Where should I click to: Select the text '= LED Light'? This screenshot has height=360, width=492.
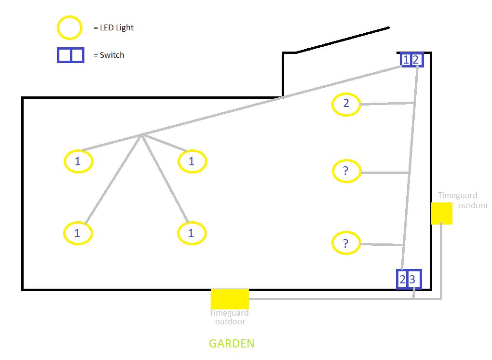[x=113, y=27]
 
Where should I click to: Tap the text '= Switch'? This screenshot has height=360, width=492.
[x=109, y=55]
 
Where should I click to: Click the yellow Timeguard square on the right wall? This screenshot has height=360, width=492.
[x=441, y=213]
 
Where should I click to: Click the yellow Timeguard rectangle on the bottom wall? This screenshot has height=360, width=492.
[x=230, y=299]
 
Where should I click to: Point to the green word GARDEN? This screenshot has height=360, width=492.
[x=232, y=344]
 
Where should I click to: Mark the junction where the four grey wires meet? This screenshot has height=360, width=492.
[x=142, y=135]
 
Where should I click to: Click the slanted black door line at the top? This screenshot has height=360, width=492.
[x=342, y=40]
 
